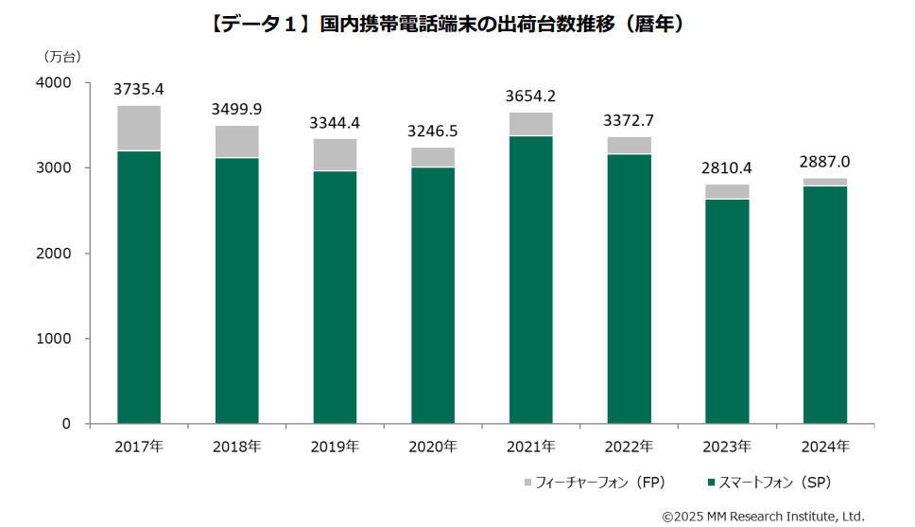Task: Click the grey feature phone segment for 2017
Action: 139,129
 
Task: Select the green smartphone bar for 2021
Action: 531,279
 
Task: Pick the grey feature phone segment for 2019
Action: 335,155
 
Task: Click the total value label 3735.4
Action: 139,90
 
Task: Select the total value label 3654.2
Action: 531,96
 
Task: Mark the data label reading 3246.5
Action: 433,131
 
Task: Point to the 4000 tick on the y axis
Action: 54,83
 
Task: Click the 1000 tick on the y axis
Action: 54,339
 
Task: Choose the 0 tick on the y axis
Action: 66,424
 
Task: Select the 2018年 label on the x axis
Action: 236,446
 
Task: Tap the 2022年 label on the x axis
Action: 629,446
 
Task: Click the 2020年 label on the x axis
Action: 433,446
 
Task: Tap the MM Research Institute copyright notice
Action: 763,516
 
